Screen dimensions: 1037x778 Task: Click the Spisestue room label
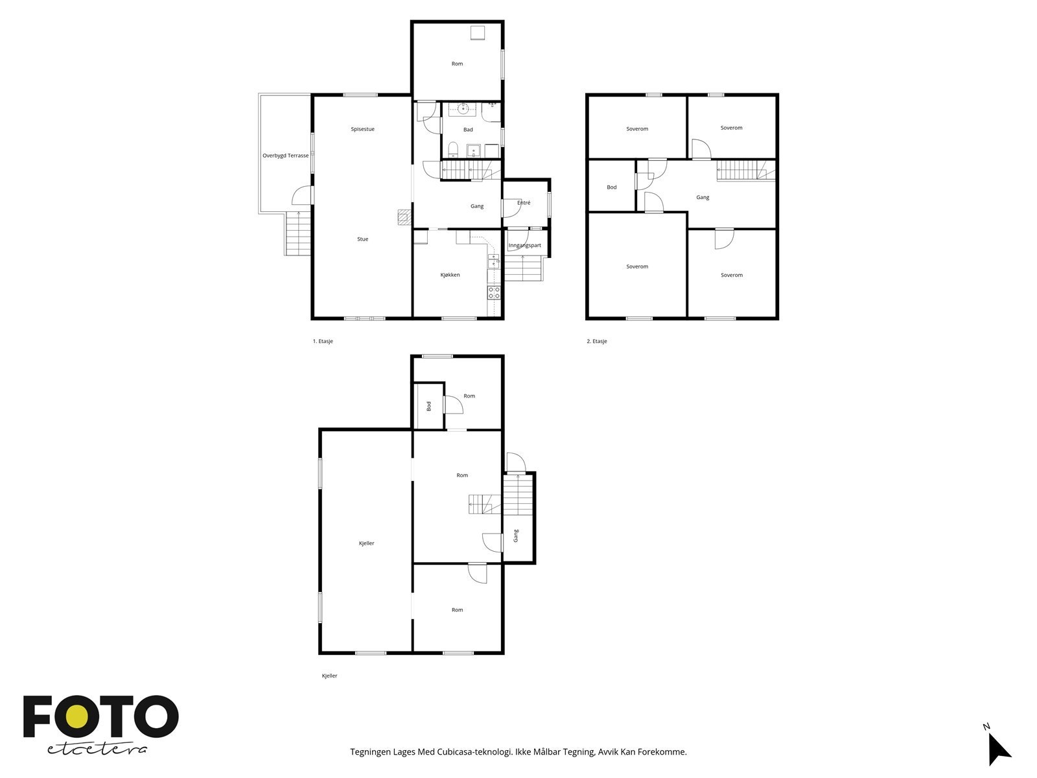(x=362, y=129)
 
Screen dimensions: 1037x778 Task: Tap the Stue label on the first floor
(x=362, y=239)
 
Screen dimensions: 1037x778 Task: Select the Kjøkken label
(x=450, y=275)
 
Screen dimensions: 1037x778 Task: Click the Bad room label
(x=468, y=130)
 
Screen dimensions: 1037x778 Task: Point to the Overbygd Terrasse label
(x=285, y=156)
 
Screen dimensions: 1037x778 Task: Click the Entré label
(x=524, y=203)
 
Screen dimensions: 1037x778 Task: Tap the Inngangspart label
(x=524, y=246)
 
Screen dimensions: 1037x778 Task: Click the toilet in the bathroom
(x=453, y=149)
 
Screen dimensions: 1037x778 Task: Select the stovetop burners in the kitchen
(x=494, y=292)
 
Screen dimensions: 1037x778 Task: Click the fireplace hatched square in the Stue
(x=404, y=217)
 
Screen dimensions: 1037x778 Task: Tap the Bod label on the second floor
(x=611, y=187)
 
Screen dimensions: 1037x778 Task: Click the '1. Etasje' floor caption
(x=323, y=341)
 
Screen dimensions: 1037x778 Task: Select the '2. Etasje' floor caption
(x=597, y=341)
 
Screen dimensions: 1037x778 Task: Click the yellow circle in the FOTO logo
(x=77, y=716)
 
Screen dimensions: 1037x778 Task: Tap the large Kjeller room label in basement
(x=366, y=543)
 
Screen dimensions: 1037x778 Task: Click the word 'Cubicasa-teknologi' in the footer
(x=474, y=751)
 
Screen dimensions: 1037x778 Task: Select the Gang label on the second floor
(x=703, y=198)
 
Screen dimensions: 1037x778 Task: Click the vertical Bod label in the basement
(x=429, y=407)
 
